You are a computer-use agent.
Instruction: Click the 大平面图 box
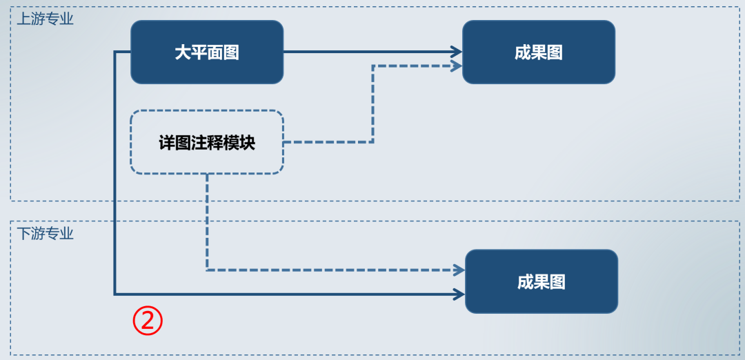207,52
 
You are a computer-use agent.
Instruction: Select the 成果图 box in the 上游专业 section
538,52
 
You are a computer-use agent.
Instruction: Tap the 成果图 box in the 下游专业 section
541,281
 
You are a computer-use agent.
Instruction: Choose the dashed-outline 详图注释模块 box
207,142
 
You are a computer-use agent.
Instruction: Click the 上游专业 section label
45,19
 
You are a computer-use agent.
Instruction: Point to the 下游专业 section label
45,233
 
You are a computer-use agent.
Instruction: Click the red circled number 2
148,321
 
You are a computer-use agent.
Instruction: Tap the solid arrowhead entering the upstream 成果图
457,52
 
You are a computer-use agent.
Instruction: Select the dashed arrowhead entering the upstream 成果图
457,66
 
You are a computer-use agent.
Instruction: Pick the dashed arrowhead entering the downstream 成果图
459,270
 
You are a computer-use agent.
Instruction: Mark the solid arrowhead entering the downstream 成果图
459,294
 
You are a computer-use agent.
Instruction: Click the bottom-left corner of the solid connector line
115,294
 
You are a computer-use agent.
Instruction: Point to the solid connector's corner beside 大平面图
115,52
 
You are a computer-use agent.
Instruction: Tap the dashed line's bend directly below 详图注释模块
207,270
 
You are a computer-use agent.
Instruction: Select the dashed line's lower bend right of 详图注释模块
372,142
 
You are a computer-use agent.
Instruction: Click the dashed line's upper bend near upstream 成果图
372,66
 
